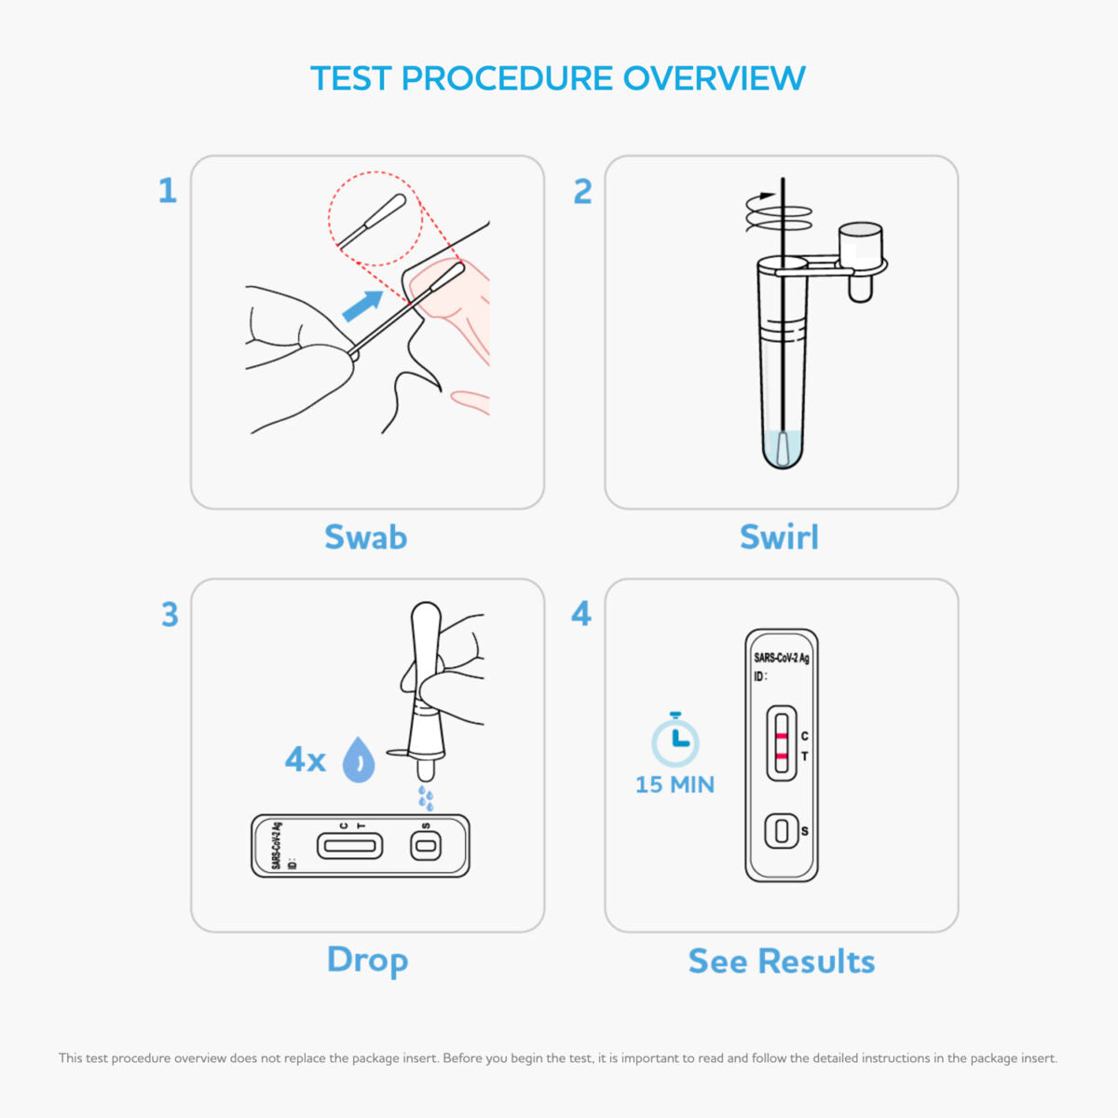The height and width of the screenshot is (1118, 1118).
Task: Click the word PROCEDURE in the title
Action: pos(507,78)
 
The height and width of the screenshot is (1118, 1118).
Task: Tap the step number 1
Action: pos(167,191)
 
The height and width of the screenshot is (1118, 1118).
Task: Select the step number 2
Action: pos(582,191)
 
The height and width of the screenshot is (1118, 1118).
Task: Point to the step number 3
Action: pos(169,615)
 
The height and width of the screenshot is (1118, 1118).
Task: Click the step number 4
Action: pos(581,614)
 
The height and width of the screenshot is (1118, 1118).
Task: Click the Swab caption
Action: pos(365,538)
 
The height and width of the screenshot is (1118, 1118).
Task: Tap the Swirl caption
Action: pos(779,538)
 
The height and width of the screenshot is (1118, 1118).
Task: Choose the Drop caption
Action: pos(367,961)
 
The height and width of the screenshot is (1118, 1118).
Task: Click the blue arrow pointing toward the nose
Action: pos(362,306)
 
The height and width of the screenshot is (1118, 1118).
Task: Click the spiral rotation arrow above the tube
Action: pos(777,212)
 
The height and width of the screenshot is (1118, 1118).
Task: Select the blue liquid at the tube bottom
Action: pos(783,449)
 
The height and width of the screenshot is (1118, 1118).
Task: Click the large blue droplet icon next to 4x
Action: pos(359,759)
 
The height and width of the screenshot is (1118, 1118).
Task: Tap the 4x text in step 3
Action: pos(305,760)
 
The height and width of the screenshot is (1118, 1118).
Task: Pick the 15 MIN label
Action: pos(675,784)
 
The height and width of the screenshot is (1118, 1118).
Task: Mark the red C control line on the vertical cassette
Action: pos(782,735)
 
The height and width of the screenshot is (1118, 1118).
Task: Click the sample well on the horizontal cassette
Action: pos(426,846)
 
